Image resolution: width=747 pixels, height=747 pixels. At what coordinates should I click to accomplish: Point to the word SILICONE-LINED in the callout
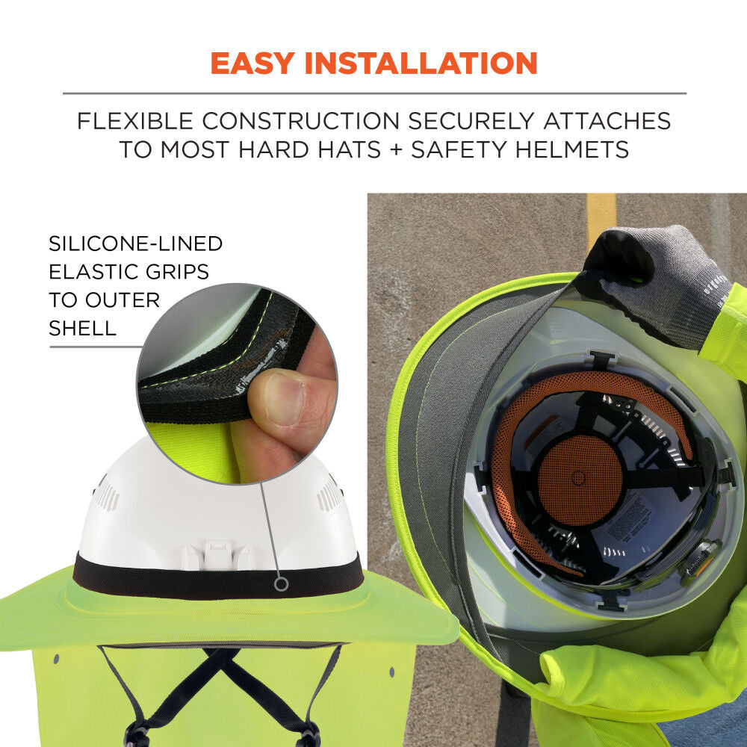pyautogui.click(x=135, y=244)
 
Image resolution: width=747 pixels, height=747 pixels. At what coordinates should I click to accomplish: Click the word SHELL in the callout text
pyautogui.click(x=82, y=328)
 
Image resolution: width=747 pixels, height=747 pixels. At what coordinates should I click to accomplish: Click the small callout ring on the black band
pyautogui.click(x=282, y=583)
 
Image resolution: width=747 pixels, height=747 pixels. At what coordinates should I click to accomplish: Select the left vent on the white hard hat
pyautogui.click(x=107, y=495)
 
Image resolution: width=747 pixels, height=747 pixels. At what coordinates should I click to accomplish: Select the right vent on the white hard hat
pyautogui.click(x=329, y=495)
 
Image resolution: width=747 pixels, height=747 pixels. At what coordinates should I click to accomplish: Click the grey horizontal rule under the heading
pyautogui.click(x=373, y=93)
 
